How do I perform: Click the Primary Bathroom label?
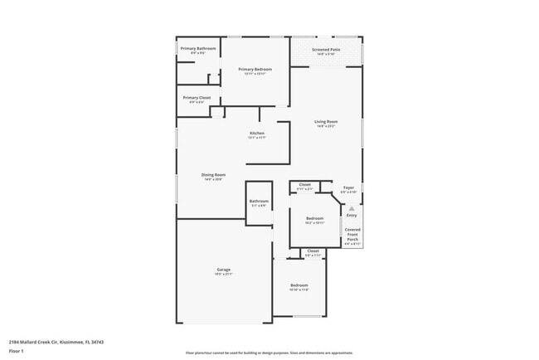click(x=198, y=49)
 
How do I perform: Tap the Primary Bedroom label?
click(x=253, y=70)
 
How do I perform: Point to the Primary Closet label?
click(x=197, y=98)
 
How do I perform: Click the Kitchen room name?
click(x=257, y=134)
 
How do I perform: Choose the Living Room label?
click(x=326, y=122)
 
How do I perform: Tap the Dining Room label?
click(x=213, y=174)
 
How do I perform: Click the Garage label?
click(x=223, y=270)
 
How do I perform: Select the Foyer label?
click(x=349, y=188)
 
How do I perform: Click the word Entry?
click(x=352, y=215)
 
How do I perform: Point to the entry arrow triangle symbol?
click(x=352, y=207)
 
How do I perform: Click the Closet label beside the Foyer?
click(x=305, y=184)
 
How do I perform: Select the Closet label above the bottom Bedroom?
click(x=313, y=251)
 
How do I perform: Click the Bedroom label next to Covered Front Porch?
click(x=314, y=219)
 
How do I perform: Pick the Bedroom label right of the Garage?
click(x=299, y=285)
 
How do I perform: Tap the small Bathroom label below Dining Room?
click(x=259, y=201)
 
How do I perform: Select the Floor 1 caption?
click(x=17, y=351)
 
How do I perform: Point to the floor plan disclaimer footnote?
click(x=269, y=353)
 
